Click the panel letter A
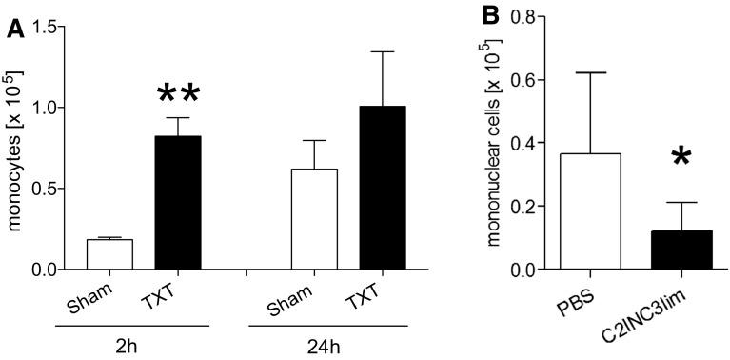pyautogui.click(x=14, y=30)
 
